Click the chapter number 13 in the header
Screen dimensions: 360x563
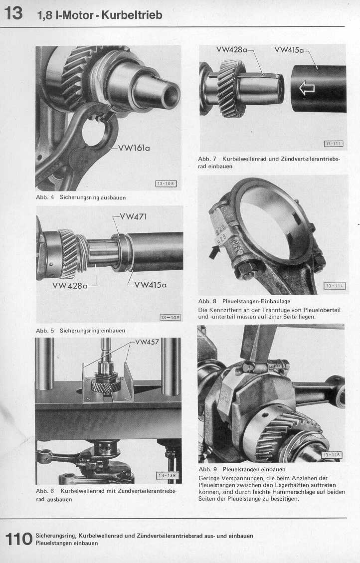pyautogui.click(x=13, y=13)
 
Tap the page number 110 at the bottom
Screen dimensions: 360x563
pyautogui.click(x=18, y=539)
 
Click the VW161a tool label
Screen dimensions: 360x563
pyautogui.click(x=134, y=148)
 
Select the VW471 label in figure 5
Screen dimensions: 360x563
pyautogui.click(x=133, y=216)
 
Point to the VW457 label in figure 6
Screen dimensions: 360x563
pyautogui.click(x=147, y=342)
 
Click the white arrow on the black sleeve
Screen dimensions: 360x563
pyautogui.click(x=307, y=88)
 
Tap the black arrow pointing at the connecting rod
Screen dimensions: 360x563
pyautogui.click(x=214, y=251)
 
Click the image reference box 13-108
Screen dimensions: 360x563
pyautogui.click(x=166, y=184)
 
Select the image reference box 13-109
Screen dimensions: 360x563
pyautogui.click(x=170, y=318)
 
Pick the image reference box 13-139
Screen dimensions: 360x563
pyautogui.click(x=167, y=475)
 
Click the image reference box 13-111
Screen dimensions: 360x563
pyautogui.click(x=334, y=144)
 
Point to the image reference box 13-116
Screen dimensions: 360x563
pyautogui.click(x=331, y=455)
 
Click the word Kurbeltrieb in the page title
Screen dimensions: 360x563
pyautogui.click(x=132, y=15)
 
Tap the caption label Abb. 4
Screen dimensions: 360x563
pyautogui.click(x=45, y=197)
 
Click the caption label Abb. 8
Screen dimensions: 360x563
pyautogui.click(x=207, y=301)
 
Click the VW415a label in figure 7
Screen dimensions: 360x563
pyautogui.click(x=289, y=50)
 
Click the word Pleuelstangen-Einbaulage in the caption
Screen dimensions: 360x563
pyautogui.click(x=256, y=301)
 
